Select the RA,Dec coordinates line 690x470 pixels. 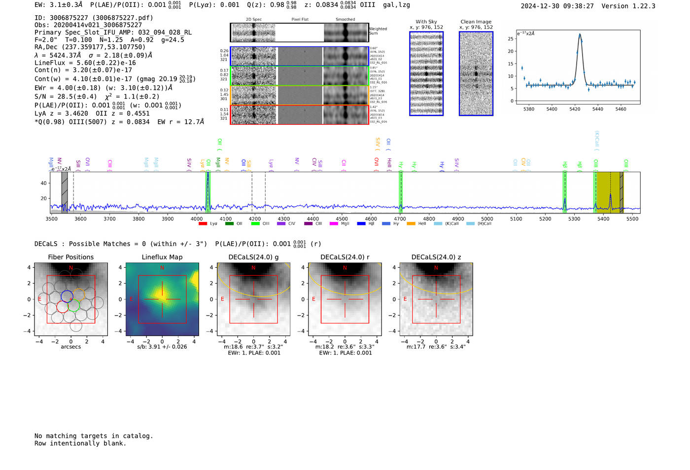[x=90, y=47]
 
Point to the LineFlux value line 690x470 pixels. [x=85, y=63]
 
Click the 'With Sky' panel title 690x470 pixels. [x=426, y=22]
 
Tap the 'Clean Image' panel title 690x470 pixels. [x=476, y=22]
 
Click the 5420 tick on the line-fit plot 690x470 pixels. [x=575, y=109]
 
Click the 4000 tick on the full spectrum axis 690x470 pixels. [x=197, y=218]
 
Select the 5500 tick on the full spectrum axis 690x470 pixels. [x=632, y=218]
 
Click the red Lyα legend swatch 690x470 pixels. [x=203, y=224]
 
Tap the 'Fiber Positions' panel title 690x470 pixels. [x=70, y=257]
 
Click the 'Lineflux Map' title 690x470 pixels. [x=162, y=257]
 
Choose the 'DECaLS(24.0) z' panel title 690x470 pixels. [x=436, y=257]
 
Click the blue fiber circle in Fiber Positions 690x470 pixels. [x=67, y=296]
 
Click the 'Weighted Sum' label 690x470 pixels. [x=378, y=31]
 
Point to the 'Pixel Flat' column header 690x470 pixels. [x=300, y=20]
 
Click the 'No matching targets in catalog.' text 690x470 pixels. [x=94, y=436]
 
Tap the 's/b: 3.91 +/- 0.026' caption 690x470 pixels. [x=162, y=347]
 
